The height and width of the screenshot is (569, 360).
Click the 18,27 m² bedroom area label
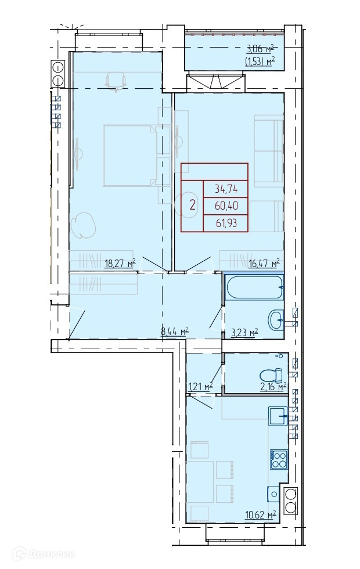tap(120, 262)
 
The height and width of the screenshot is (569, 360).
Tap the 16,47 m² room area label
tap(264, 262)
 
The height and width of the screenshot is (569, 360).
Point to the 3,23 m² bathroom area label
tap(244, 332)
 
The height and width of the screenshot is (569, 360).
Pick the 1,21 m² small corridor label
tap(200, 387)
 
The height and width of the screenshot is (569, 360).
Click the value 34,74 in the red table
tap(226, 189)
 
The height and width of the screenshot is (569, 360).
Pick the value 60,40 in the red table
tap(226, 206)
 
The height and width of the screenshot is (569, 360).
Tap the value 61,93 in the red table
tap(226, 222)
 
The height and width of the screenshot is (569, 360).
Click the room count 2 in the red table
tap(193, 206)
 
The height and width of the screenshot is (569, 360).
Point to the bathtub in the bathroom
tap(254, 287)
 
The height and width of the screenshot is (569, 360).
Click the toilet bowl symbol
tap(272, 374)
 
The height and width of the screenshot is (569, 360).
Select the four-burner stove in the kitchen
tap(279, 459)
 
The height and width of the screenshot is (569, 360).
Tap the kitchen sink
tap(278, 416)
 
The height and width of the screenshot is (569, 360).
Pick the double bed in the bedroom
tap(130, 156)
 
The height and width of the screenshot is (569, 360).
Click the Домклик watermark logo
tap(44, 554)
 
